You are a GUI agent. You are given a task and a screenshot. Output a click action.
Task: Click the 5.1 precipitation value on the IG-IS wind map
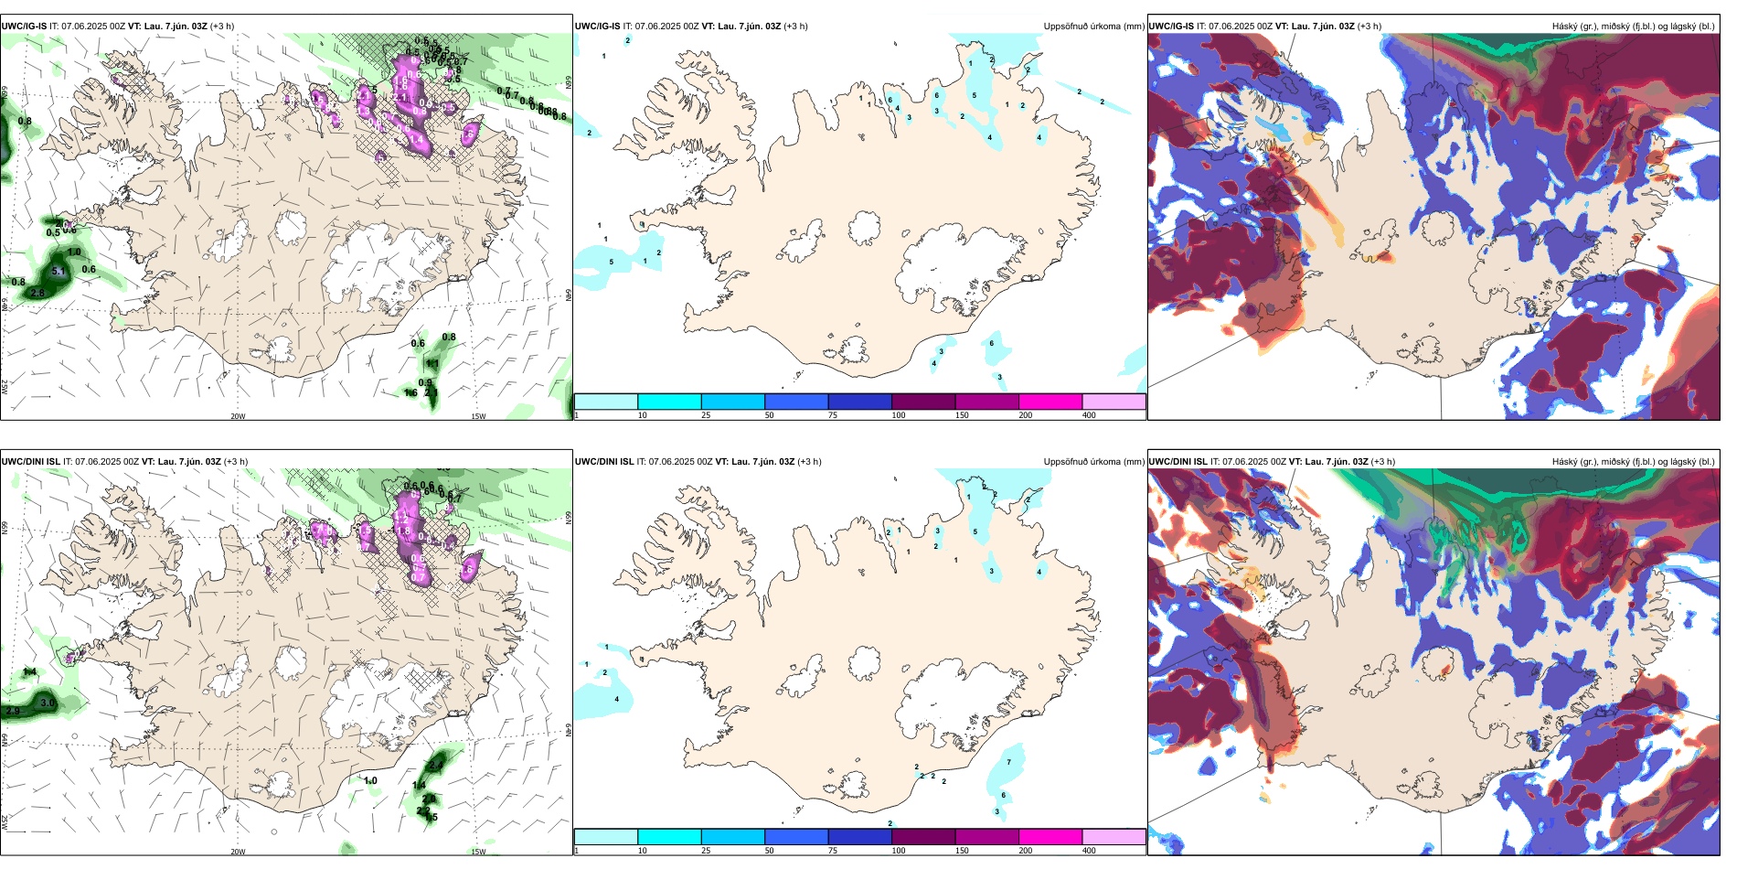tap(59, 272)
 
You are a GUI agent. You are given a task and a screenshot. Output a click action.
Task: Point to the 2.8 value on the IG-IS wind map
tap(37, 293)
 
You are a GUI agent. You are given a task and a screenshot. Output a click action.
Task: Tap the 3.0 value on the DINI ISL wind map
tap(48, 703)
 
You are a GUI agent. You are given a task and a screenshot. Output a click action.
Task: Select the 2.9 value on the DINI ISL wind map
tap(13, 711)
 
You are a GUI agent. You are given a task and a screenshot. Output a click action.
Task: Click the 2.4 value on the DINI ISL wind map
tap(436, 766)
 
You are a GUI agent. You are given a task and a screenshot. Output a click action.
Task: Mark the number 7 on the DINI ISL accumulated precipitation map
tap(1009, 762)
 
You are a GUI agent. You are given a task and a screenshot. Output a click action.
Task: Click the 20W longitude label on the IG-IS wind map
tap(238, 416)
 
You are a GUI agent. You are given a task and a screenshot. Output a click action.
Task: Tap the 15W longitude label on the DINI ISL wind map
tap(478, 852)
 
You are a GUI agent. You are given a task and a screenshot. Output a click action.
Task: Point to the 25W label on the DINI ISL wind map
tap(5, 823)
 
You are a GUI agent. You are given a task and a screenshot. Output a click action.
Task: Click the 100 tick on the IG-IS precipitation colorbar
tap(899, 415)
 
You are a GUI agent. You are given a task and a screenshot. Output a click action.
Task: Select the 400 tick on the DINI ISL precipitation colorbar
tap(1089, 851)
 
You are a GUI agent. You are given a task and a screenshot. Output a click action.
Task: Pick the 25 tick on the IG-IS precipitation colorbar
tap(706, 415)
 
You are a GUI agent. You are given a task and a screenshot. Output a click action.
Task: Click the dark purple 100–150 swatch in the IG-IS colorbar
tap(922, 402)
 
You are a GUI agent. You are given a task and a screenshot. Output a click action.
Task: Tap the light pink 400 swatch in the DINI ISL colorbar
tap(1114, 837)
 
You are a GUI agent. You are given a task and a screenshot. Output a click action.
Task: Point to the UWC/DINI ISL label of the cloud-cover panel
tap(1178, 462)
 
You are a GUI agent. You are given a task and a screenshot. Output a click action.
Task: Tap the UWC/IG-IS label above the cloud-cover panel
tap(1171, 27)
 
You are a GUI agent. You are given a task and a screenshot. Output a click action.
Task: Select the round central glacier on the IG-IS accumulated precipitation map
tap(865, 227)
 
